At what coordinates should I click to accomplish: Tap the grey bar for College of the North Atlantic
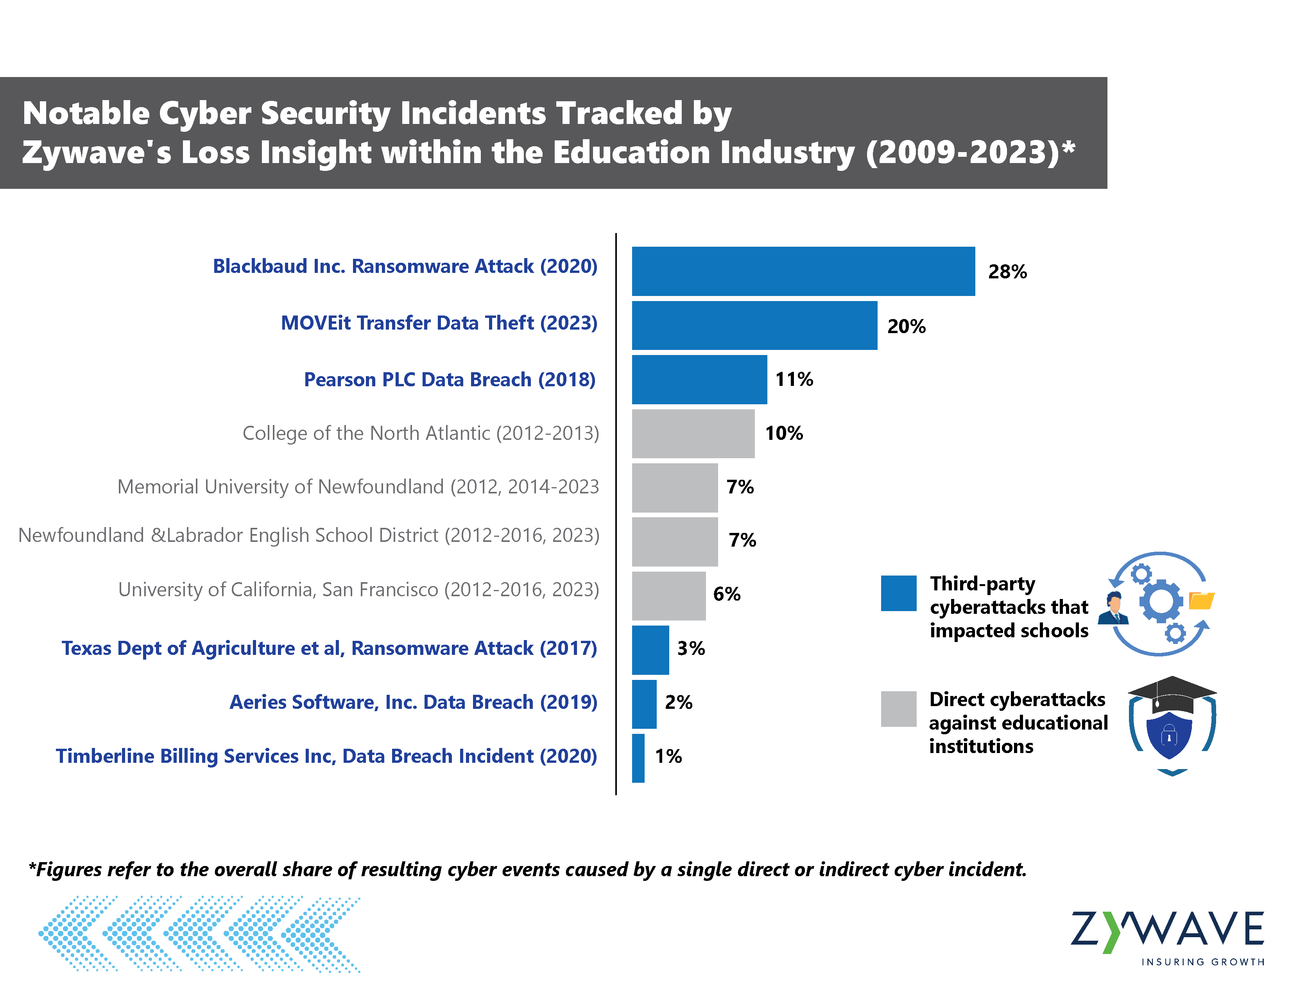pyautogui.click(x=693, y=434)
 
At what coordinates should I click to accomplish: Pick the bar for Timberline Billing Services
pyautogui.click(x=638, y=759)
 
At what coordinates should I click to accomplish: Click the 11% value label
pyautogui.click(x=794, y=379)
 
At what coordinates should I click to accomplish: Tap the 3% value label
pyautogui.click(x=690, y=649)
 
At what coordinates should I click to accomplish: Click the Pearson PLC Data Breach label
pyautogui.click(x=450, y=380)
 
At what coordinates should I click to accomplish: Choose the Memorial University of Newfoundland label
pyautogui.click(x=358, y=487)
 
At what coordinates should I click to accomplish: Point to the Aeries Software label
pyautogui.click(x=414, y=702)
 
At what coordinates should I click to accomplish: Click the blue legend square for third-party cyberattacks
pyautogui.click(x=898, y=593)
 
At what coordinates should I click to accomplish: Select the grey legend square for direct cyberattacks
pyautogui.click(x=898, y=709)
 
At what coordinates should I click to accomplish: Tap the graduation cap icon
pyautogui.click(x=1172, y=694)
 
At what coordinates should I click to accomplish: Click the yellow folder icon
pyautogui.click(x=1201, y=600)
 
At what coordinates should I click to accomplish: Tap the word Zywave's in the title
pyautogui.click(x=96, y=152)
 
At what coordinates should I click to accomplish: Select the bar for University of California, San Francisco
pyautogui.click(x=668, y=596)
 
